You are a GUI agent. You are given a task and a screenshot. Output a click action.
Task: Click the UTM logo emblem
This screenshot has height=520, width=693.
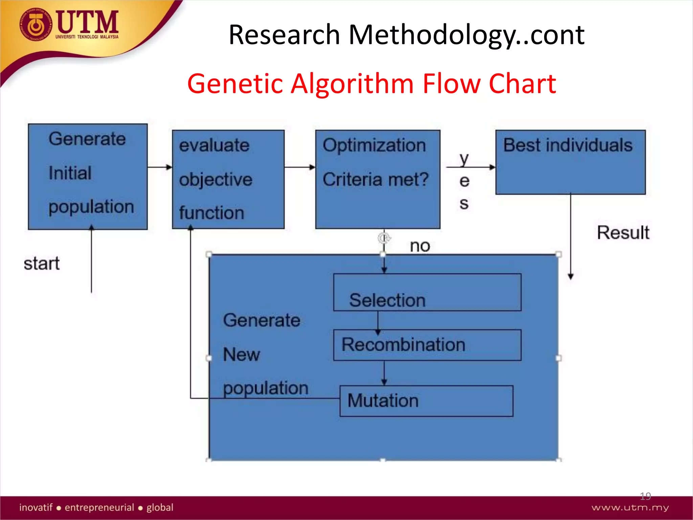pos(35,25)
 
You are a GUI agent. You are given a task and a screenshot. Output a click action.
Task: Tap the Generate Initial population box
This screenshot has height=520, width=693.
pos(88,177)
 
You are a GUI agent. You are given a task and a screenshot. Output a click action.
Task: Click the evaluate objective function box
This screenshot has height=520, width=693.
pos(228,179)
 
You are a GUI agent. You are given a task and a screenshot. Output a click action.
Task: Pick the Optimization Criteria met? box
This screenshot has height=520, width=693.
pos(378,179)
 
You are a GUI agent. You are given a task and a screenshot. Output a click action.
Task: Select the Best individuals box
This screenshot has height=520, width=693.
pos(571,162)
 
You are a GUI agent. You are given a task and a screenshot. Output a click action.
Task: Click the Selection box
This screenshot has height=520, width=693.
pos(427,292)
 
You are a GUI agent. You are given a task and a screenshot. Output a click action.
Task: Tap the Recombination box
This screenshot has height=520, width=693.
pos(427,345)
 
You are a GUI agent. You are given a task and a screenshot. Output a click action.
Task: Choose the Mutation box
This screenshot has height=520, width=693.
pos(426,401)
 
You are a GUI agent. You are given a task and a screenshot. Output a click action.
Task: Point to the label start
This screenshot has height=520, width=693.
pos(42,263)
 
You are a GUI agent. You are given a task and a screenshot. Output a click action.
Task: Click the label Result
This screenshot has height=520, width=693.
pos(623,233)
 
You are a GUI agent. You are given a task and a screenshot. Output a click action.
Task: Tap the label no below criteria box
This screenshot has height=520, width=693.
pos(420,246)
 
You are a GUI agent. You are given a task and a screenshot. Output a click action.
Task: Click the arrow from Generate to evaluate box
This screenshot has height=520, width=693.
pos(160,167)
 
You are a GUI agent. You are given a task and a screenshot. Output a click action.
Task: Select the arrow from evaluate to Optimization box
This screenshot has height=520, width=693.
pos(300,167)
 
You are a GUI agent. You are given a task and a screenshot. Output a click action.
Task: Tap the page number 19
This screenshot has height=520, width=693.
pos(645,496)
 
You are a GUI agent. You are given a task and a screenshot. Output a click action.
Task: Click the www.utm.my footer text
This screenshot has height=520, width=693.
pos(630,507)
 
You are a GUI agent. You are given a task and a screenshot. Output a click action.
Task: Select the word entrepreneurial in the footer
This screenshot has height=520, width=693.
pos(99,507)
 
